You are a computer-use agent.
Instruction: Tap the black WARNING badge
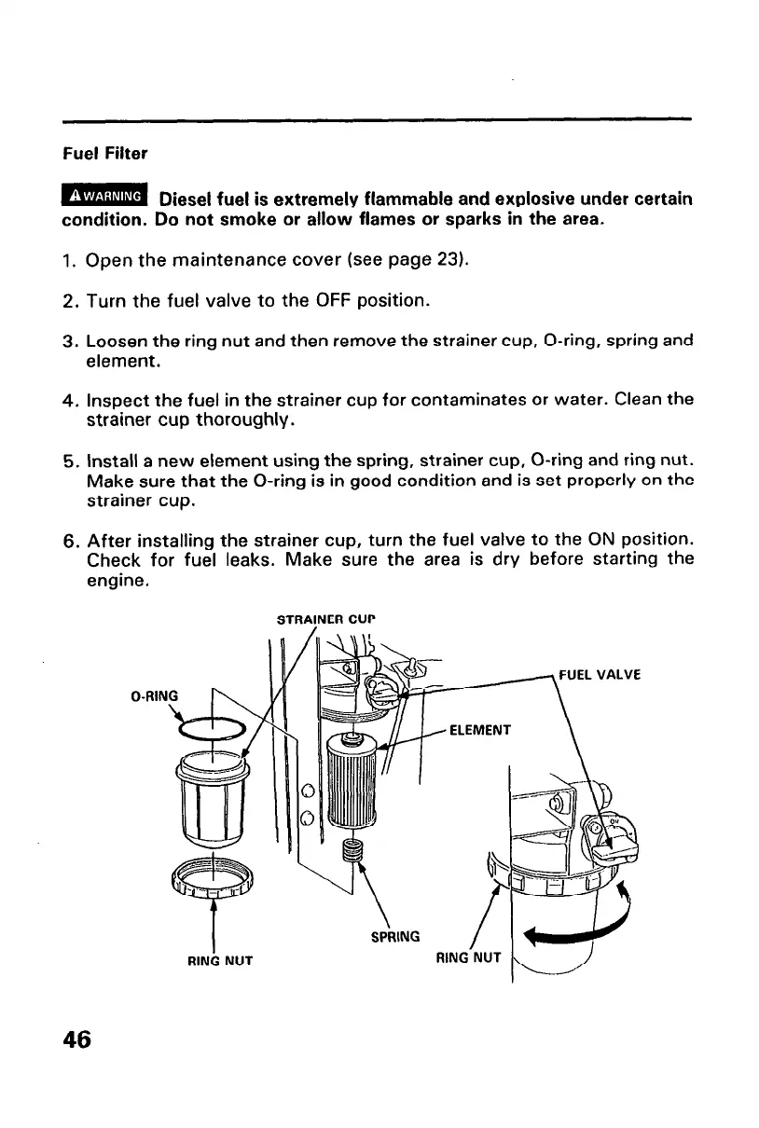[x=105, y=196]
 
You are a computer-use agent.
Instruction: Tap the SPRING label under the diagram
[x=394, y=934]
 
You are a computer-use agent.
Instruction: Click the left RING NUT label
[x=215, y=956]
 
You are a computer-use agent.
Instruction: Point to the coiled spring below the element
[x=352, y=850]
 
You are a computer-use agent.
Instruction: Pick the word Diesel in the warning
[x=187, y=199]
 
